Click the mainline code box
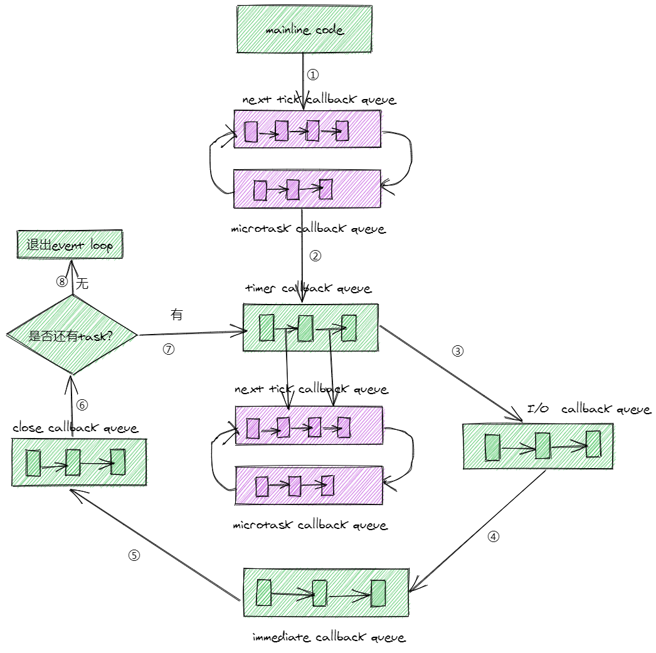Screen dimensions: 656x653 304,29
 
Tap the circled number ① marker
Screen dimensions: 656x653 313,75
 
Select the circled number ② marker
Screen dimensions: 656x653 315,256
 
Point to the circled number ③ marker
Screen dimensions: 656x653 458,351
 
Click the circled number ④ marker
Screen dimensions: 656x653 494,537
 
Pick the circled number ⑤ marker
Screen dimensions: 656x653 134,555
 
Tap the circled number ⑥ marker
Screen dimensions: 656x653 82,405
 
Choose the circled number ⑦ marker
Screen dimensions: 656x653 169,349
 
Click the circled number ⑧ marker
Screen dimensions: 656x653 62,281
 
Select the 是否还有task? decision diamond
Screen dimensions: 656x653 72,335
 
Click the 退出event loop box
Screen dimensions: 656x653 70,244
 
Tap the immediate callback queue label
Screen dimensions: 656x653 329,637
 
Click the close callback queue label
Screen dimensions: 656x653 75,428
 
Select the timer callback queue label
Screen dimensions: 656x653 309,288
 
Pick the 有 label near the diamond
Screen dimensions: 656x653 177,315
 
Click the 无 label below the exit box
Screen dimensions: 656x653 82,284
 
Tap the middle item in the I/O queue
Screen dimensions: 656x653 542,446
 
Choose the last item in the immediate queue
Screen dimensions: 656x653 378,593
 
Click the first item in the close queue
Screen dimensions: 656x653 33,462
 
